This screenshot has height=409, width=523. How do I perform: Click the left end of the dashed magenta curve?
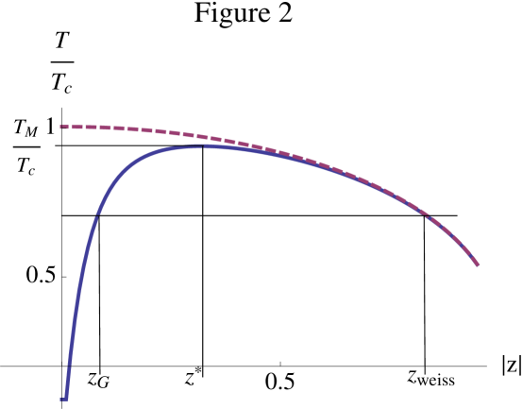(60, 127)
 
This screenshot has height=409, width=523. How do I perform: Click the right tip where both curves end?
(479, 265)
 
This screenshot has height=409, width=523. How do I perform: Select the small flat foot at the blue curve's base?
(63, 399)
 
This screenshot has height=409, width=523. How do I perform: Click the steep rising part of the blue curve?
(80, 283)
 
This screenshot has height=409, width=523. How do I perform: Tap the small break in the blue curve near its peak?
(202, 145)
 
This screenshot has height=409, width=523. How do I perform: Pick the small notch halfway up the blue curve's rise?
(96, 215)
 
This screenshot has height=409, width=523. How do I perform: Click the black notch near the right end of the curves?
(428, 216)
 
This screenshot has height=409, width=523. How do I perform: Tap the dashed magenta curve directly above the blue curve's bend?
(118, 128)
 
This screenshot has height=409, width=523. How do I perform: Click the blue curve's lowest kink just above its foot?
(69, 364)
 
